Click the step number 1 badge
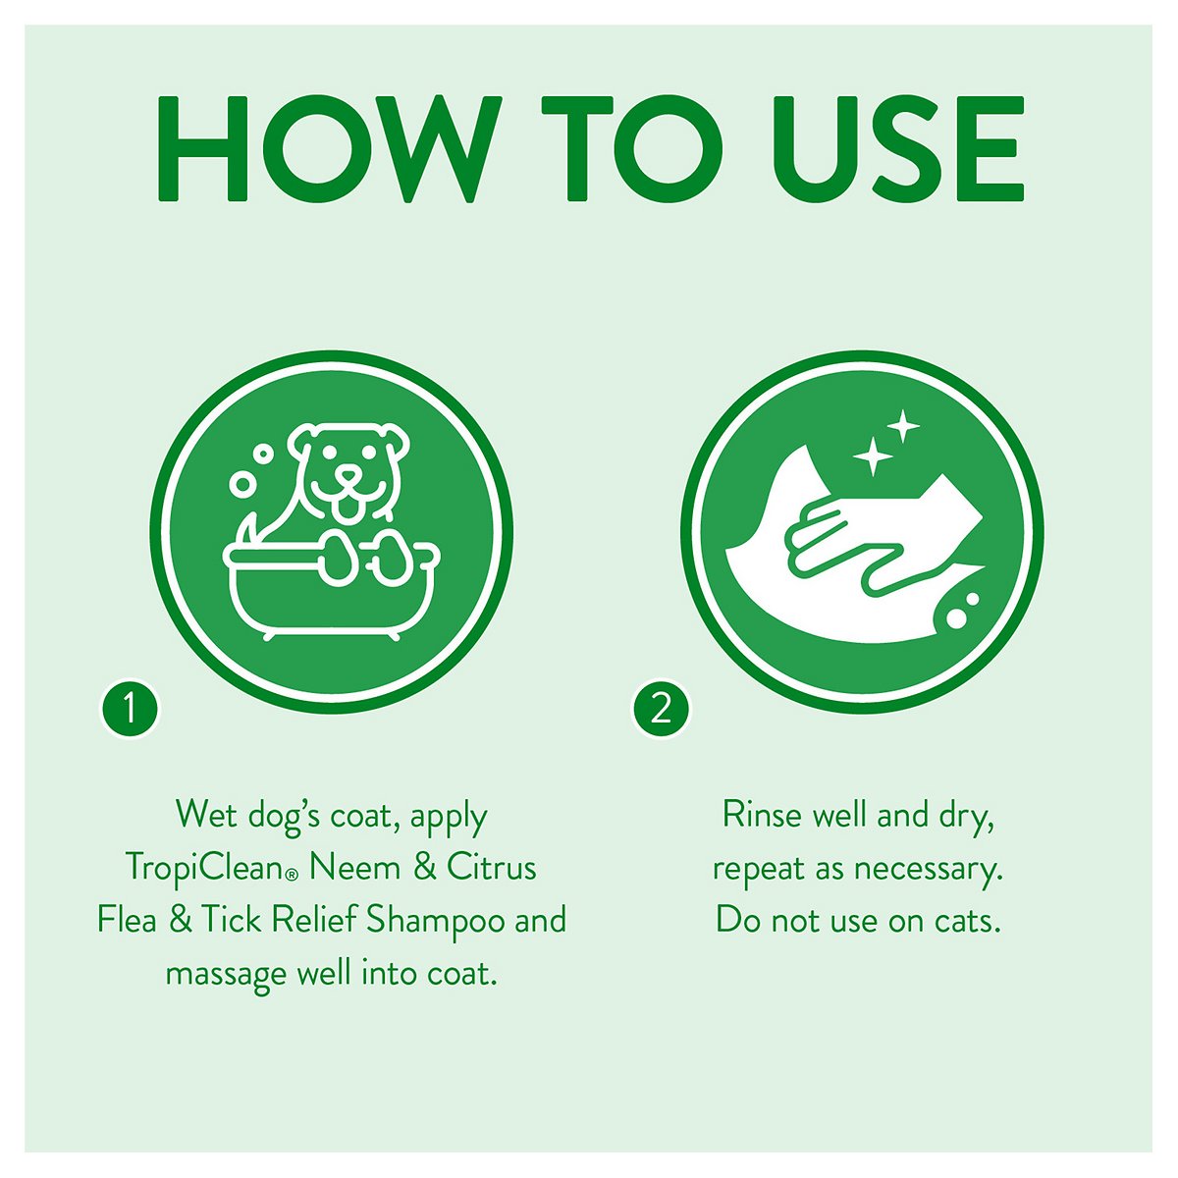tap(130, 709)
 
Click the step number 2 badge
tap(661, 709)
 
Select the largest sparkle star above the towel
tap(870, 456)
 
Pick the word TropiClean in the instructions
tap(209, 868)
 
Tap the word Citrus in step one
tap(492, 868)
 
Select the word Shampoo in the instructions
tap(436, 921)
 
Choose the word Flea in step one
tap(127, 921)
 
